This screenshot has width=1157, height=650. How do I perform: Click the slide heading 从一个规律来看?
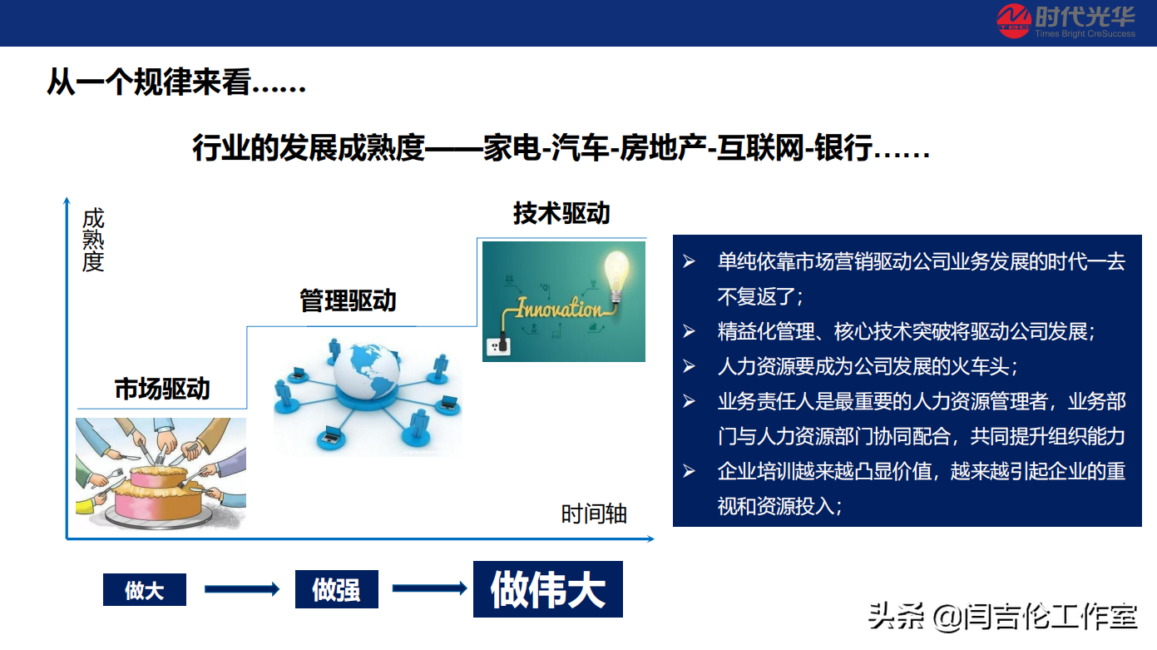176,82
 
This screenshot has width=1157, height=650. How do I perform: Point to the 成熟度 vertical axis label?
93,241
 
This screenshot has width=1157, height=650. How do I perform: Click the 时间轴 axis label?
594,514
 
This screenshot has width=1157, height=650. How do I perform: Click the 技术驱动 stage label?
561,213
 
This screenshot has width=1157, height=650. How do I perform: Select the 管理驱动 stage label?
348,300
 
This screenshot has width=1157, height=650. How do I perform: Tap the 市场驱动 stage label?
162,389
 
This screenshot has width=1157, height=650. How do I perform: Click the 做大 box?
144,590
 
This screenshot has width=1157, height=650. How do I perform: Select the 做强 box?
336,590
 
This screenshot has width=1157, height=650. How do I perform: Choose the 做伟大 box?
547,589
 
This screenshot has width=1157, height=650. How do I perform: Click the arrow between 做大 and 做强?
241,589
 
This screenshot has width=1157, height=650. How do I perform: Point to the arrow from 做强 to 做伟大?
428,588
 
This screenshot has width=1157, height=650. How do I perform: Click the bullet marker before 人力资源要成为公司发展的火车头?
690,366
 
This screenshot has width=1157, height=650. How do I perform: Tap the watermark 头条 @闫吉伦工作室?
1002,617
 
